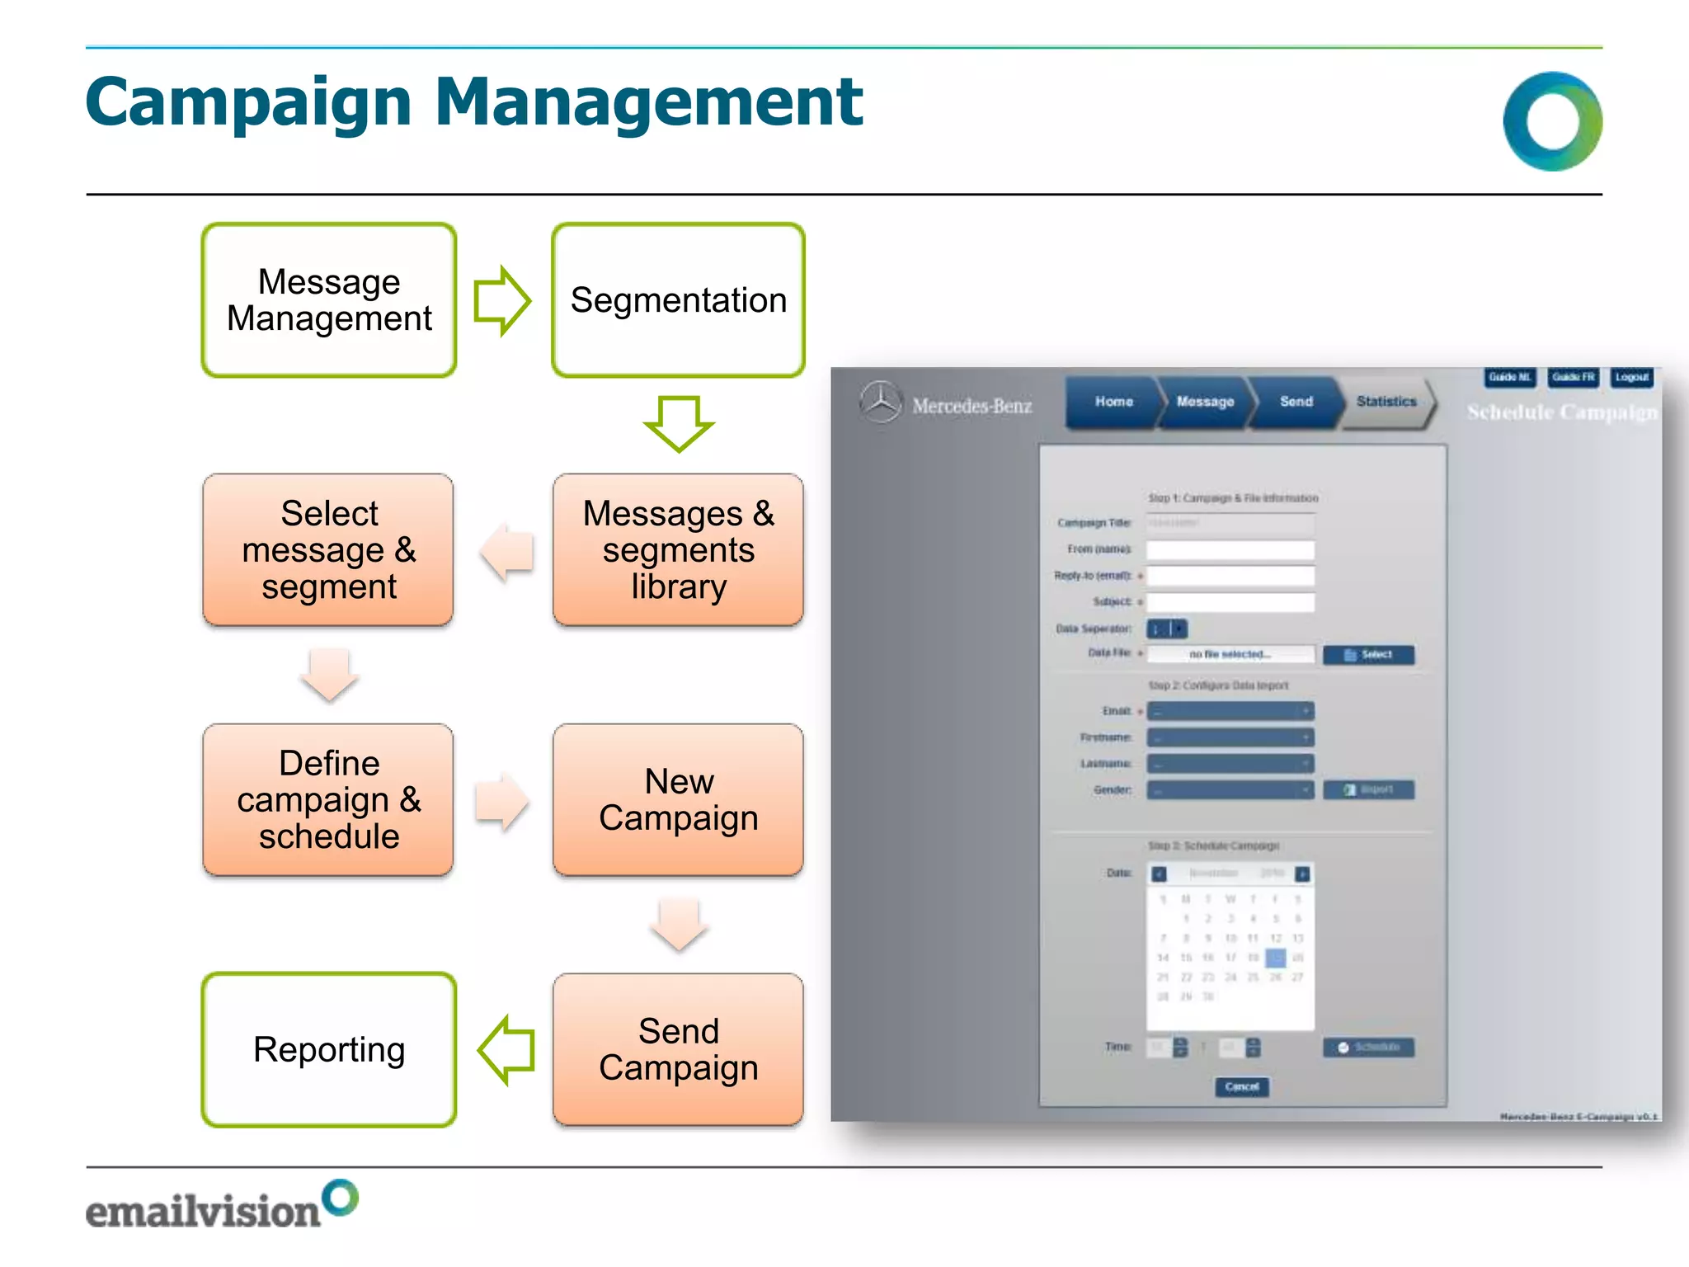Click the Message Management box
pyautogui.click(x=329, y=300)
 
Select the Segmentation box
pyautogui.click(x=678, y=300)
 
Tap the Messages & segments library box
pyautogui.click(x=678, y=549)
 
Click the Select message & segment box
pyautogui.click(x=328, y=549)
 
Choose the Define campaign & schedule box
pyautogui.click(x=328, y=799)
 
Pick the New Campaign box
pyautogui.click(x=678, y=799)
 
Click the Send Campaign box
pyautogui.click(x=678, y=1049)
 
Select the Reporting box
pyautogui.click(x=329, y=1049)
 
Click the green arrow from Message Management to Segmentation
pyautogui.click(x=501, y=300)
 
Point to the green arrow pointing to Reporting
pyautogui.click(x=506, y=1050)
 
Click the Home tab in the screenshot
pyautogui.click(x=1113, y=402)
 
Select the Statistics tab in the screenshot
pyautogui.click(x=1386, y=402)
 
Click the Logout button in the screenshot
pyautogui.click(x=1631, y=377)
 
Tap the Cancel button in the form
pyautogui.click(x=1241, y=1086)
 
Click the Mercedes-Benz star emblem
pyautogui.click(x=882, y=403)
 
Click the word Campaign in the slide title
pyautogui.click(x=248, y=102)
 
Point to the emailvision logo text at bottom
pyautogui.click(x=203, y=1211)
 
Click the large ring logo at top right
pyautogui.click(x=1552, y=121)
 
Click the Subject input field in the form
pyautogui.click(x=1230, y=602)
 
